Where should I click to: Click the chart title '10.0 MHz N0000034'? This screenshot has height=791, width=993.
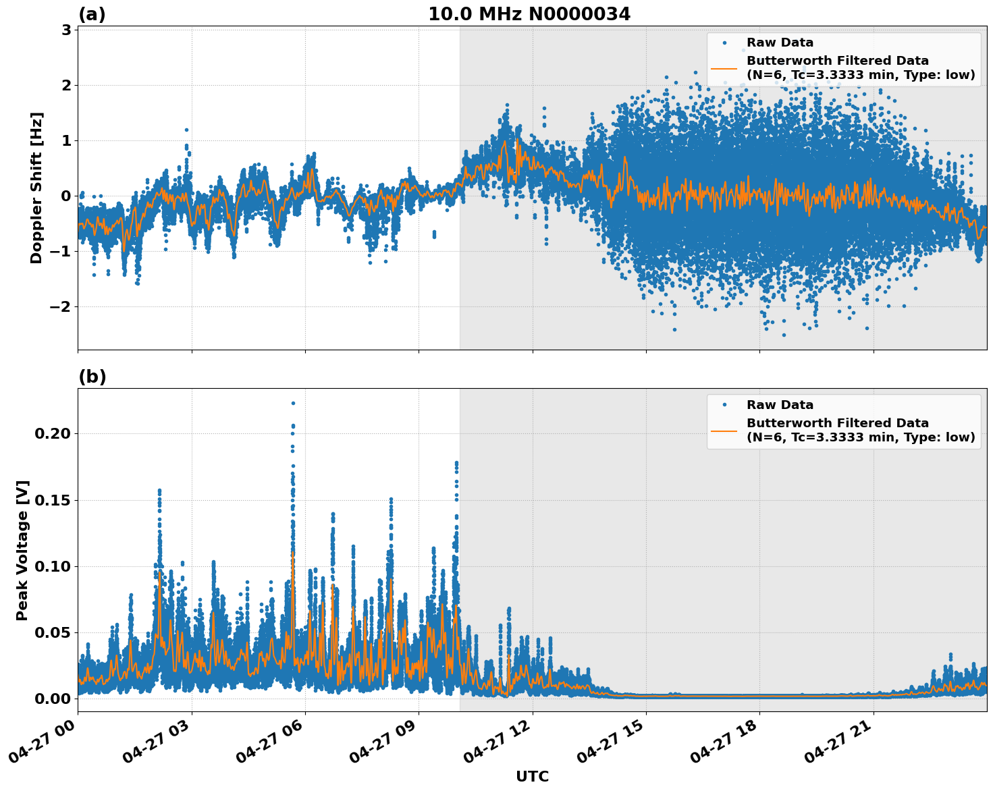(x=529, y=14)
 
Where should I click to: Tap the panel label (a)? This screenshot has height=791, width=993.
(x=92, y=14)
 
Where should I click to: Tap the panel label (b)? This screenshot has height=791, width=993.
(x=92, y=377)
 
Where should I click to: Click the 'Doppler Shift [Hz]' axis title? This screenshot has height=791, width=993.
(x=36, y=188)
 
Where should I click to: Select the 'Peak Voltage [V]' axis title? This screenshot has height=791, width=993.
(x=22, y=550)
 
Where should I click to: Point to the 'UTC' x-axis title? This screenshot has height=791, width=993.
(x=532, y=776)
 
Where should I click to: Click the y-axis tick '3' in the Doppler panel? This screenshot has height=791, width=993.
(x=66, y=30)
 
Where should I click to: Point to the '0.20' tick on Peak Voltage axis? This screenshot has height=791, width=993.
(x=53, y=433)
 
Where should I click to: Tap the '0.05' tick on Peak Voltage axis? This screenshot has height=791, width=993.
(x=53, y=632)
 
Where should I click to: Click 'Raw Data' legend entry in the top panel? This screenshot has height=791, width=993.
(x=780, y=43)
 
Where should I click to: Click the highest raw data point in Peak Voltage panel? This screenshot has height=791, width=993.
(x=293, y=403)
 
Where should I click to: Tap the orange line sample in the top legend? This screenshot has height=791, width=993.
(x=724, y=67)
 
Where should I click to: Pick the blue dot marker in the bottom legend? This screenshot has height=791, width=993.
(x=724, y=405)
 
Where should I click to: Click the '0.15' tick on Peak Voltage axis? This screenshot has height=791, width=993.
(x=53, y=500)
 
